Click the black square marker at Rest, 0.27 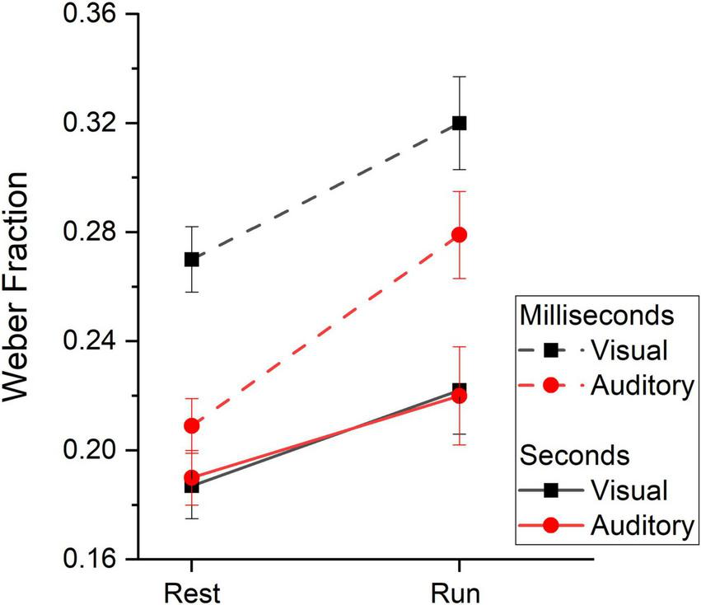coord(191,259)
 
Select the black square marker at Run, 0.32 coord(460,123)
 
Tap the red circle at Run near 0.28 coord(460,235)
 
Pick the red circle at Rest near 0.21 coord(191,425)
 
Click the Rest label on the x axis coord(191,591)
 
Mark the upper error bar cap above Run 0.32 coord(460,77)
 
